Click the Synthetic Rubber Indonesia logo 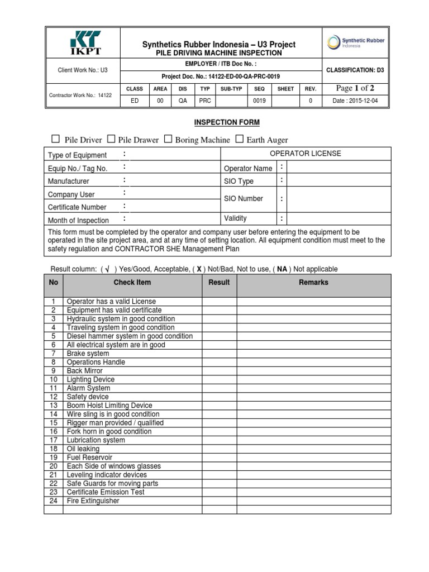coord(356,42)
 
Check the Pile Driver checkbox coord(55,139)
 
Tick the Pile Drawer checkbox coord(111,139)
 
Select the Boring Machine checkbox coord(168,139)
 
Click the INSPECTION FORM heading coord(226,122)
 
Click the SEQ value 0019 coord(259,101)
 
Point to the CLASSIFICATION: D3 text coord(355,70)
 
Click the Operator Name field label coord(248,168)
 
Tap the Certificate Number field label coord(77,207)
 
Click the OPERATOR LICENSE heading coord(305,154)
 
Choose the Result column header coord(219,283)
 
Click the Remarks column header coord(313,283)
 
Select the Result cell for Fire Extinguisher coord(219,501)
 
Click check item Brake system coord(88,354)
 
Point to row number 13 coord(54,406)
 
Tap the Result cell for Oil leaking coord(219,449)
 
